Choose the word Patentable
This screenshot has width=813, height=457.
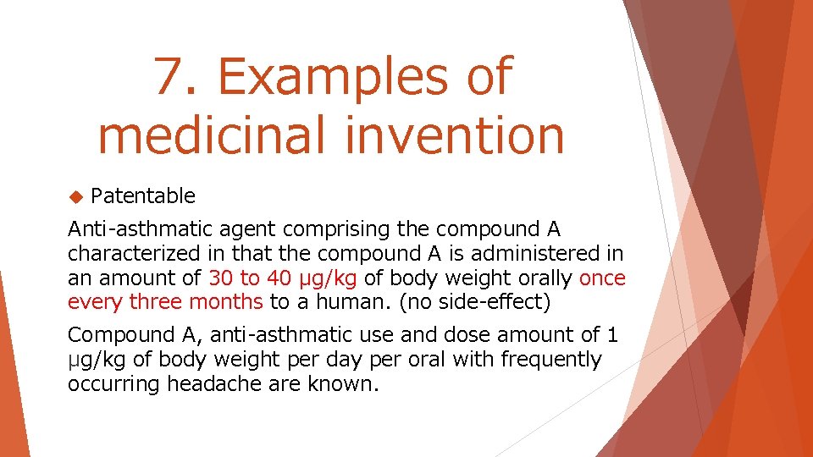(142, 196)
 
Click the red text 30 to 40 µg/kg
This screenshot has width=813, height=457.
(283, 278)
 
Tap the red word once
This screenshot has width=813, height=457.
(602, 278)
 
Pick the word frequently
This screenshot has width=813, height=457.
(550, 359)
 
